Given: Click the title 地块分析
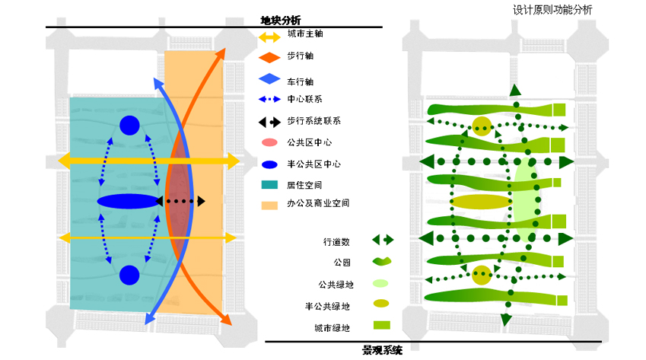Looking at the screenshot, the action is tap(281, 21).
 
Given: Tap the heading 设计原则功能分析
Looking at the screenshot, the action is tap(552, 10).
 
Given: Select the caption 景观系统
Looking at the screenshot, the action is tap(382, 351).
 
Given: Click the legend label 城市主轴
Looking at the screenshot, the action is tap(305, 33).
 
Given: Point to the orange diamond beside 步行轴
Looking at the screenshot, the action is tap(270, 58).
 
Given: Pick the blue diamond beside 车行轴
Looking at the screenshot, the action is tap(270, 78).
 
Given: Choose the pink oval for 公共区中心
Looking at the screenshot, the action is tap(269, 142).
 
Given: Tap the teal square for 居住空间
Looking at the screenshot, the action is tap(269, 184).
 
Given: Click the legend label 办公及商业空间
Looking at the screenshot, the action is tap(318, 203).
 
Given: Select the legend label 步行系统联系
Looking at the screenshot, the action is tap(314, 121).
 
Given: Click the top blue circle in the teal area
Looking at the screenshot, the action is tap(129, 126).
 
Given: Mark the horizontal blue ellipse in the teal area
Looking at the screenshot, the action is tap(128, 202).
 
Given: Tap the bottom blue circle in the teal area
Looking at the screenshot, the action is tap(129, 276).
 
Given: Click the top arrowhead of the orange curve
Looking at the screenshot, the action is tap(221, 53).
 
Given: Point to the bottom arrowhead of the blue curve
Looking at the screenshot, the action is tap(149, 318).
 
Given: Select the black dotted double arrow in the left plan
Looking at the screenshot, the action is tap(180, 202).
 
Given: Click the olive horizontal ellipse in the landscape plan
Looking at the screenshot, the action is tap(480, 202).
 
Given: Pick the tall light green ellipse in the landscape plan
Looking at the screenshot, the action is tap(526, 199).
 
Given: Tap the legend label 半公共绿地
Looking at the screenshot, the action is tap(327, 307).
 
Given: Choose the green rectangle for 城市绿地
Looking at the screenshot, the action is tap(381, 325).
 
